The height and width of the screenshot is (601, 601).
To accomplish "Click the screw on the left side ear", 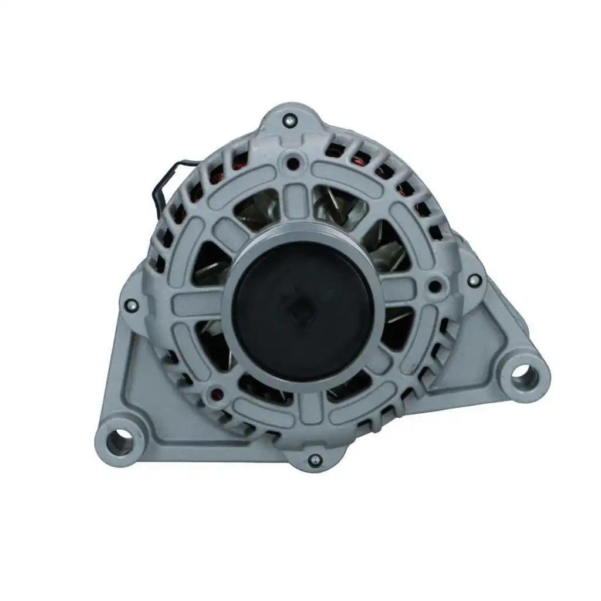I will pyautogui.click(x=131, y=304).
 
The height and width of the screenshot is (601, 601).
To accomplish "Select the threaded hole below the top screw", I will pyautogui.click(x=292, y=160).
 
